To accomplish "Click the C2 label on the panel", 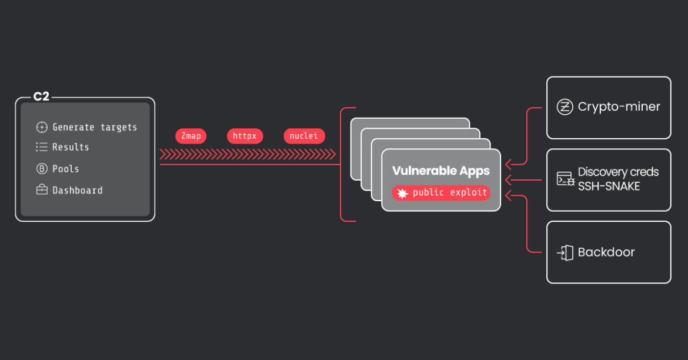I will point(41,97).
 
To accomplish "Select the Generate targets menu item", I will point(95,127).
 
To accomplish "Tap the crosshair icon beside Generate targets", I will point(42,127).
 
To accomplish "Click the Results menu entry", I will point(71,147).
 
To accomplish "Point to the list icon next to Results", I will point(42,147).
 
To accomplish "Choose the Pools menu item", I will point(66,169).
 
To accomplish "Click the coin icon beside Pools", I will point(42,169).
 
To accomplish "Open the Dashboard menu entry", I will point(78,191).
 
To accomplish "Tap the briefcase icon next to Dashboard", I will point(42,191).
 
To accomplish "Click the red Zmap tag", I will point(191,136).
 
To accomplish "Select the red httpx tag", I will point(245,136).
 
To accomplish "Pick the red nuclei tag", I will point(303,136).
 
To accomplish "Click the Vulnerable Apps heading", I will point(441,171).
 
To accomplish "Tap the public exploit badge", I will point(441,193).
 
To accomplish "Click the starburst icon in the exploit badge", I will point(403,194).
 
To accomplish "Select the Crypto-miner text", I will point(619,107).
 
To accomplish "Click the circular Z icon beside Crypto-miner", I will point(565,107).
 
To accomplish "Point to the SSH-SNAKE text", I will point(609,186).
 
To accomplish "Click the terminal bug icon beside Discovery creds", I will point(565,179).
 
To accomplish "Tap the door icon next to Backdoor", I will point(565,253).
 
